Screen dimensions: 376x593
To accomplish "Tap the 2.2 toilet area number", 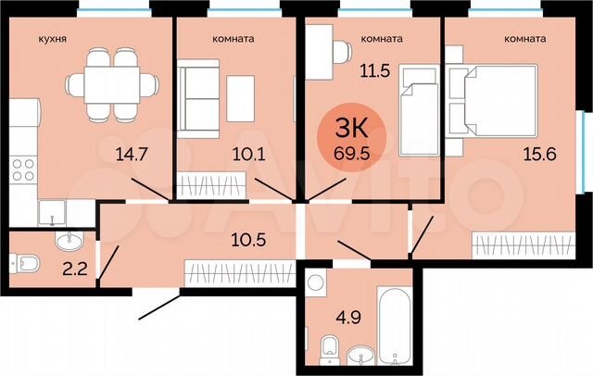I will click(69, 271).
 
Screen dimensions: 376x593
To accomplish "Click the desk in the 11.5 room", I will click(320, 56).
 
